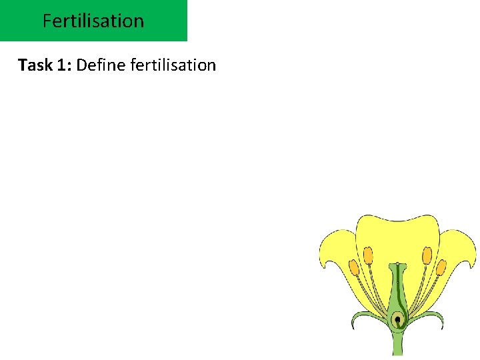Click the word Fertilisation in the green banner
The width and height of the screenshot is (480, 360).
(x=93, y=21)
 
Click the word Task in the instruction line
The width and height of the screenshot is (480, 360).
(x=33, y=65)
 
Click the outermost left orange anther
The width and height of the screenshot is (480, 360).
(x=354, y=269)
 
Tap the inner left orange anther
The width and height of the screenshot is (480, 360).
(x=368, y=255)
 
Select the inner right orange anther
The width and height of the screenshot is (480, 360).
(x=427, y=255)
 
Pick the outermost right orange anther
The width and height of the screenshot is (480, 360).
(x=441, y=268)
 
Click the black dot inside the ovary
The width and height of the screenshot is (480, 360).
(x=397, y=320)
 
